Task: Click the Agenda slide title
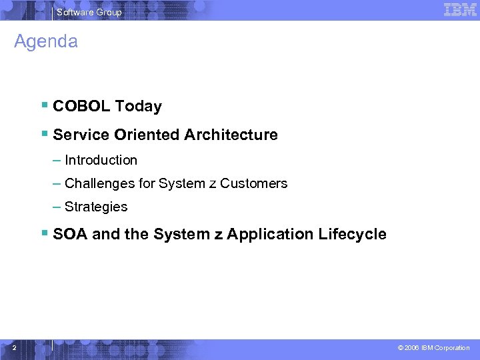click(x=46, y=42)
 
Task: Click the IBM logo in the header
click(x=460, y=10)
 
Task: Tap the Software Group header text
click(x=89, y=12)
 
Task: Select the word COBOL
click(x=81, y=107)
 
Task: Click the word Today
click(x=138, y=107)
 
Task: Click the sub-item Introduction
click(x=101, y=161)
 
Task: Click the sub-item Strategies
click(x=96, y=207)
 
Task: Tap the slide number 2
click(x=14, y=347)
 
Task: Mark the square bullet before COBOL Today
click(x=43, y=105)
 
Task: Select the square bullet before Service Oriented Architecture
click(x=43, y=133)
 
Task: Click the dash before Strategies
click(x=57, y=207)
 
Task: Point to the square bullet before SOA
click(x=43, y=233)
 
